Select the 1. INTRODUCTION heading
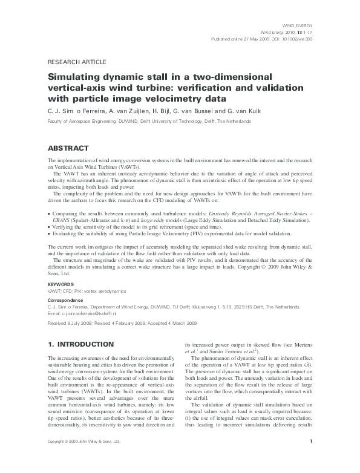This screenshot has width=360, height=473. pos(80,344)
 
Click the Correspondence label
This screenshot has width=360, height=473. pos(65,299)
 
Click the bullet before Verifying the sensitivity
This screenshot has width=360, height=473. pos(48,227)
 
